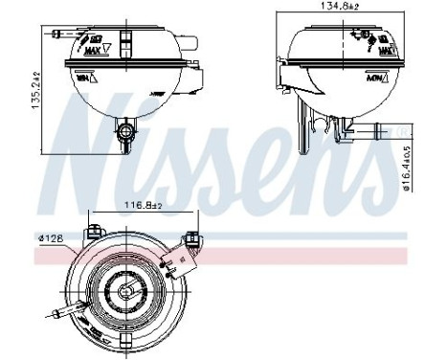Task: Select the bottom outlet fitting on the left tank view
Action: [124, 137]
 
